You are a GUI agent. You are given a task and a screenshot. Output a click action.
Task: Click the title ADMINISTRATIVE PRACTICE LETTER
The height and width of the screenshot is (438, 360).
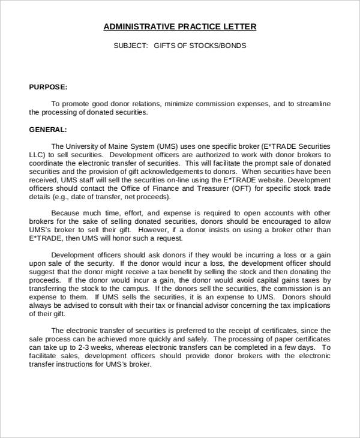click(x=180, y=27)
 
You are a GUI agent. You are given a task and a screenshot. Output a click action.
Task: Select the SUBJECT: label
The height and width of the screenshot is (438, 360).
click(x=130, y=46)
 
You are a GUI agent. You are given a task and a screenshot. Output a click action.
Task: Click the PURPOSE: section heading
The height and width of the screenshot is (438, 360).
click(x=48, y=87)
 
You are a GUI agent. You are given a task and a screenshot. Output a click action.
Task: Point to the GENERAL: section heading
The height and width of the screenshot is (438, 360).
click(x=48, y=129)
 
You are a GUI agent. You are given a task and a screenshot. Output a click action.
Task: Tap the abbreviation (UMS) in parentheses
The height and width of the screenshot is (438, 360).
click(x=167, y=146)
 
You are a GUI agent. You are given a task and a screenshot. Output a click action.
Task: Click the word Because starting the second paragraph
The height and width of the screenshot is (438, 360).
click(x=66, y=213)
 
